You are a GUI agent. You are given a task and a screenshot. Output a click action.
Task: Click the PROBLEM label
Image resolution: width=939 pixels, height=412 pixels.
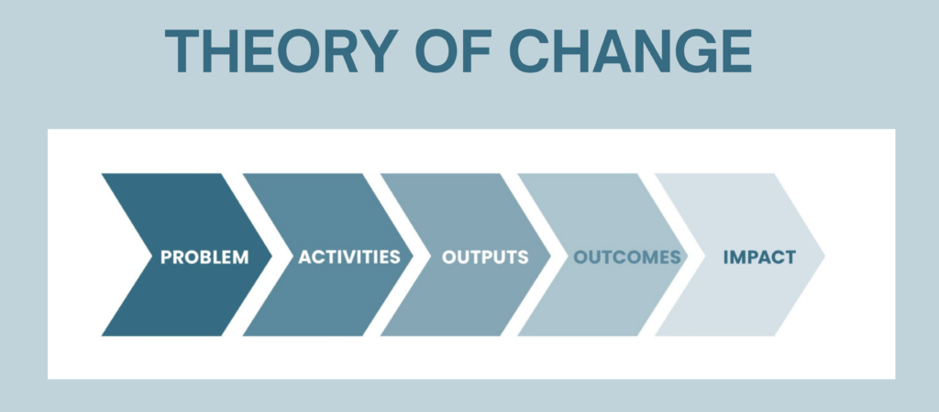tap(204, 257)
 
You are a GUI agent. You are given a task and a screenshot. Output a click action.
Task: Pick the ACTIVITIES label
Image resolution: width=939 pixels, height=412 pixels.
tap(349, 257)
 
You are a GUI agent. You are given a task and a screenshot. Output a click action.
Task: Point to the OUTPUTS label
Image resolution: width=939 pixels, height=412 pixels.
tap(485, 257)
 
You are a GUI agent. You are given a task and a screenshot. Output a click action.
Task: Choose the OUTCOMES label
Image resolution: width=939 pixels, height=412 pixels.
tap(627, 257)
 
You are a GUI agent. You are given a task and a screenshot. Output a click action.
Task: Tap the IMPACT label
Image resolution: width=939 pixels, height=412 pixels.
tap(759, 257)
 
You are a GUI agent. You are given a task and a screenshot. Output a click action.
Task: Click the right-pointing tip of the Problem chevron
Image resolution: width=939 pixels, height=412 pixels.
tap(272, 255)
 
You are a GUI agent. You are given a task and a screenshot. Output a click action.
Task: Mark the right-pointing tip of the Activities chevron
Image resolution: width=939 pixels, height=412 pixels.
tap(414, 255)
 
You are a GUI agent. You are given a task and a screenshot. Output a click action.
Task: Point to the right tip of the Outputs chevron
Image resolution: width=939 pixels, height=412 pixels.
tap(551, 255)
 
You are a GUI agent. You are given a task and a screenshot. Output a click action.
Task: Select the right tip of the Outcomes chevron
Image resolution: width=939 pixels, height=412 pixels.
tap(688, 255)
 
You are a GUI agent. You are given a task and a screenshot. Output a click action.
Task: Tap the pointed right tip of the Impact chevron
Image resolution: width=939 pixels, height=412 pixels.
tap(825, 255)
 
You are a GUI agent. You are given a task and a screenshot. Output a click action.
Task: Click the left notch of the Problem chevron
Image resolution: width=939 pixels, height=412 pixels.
tap(151, 255)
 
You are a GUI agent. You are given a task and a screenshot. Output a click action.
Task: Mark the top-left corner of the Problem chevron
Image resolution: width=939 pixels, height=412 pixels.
tap(102, 174)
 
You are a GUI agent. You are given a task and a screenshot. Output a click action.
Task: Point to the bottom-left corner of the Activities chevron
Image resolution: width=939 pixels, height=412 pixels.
tap(243, 336)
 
